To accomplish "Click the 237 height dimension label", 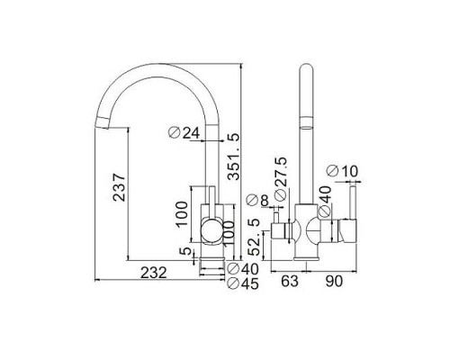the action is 119,186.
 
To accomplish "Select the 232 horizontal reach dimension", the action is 154,273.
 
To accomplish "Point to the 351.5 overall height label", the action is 234,157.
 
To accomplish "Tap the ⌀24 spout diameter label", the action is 184,132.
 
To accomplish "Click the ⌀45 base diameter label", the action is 243,283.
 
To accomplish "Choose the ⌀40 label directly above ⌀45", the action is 243,268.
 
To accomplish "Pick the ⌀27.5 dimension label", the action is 281,179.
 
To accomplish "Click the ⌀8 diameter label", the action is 257,201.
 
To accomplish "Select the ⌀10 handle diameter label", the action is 342,171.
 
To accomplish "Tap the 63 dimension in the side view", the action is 290,281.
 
